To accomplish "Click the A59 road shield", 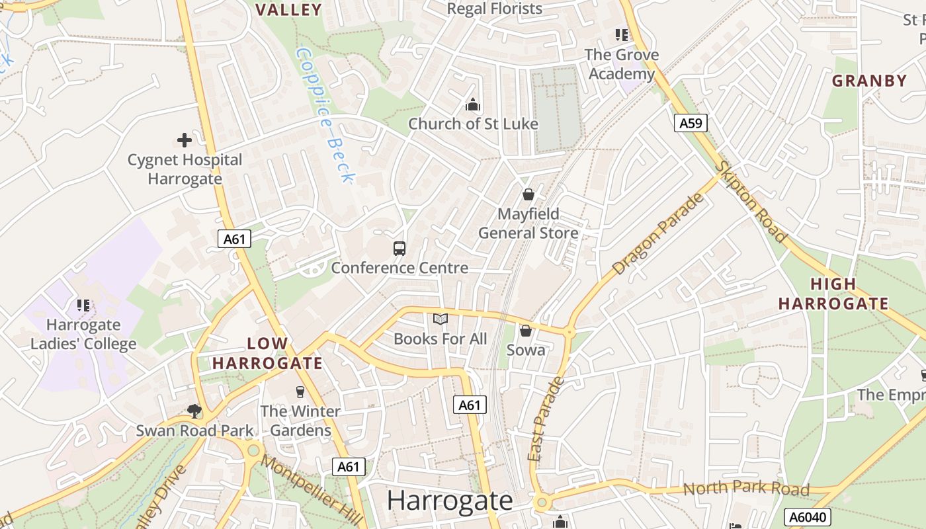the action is [x=691, y=123].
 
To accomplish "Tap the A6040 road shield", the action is [x=806, y=516].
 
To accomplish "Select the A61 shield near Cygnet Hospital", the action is [x=234, y=239].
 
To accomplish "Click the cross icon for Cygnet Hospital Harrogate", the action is [x=185, y=140].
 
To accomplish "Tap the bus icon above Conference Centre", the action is [x=400, y=249].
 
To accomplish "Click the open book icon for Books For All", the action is [x=441, y=319].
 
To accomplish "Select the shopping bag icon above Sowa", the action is [x=526, y=330].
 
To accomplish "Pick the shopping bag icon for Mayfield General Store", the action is [x=528, y=194].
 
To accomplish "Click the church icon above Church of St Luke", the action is [x=472, y=104].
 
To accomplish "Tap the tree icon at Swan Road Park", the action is [x=194, y=411].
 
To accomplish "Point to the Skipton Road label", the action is [x=751, y=202].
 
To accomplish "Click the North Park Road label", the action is [x=745, y=489].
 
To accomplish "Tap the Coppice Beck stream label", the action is [x=326, y=114].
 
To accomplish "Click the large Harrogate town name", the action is [x=450, y=501].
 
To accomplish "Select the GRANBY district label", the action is [x=869, y=81].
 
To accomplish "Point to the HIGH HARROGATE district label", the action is [x=833, y=294].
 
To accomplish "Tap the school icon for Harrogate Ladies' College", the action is [x=83, y=305].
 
